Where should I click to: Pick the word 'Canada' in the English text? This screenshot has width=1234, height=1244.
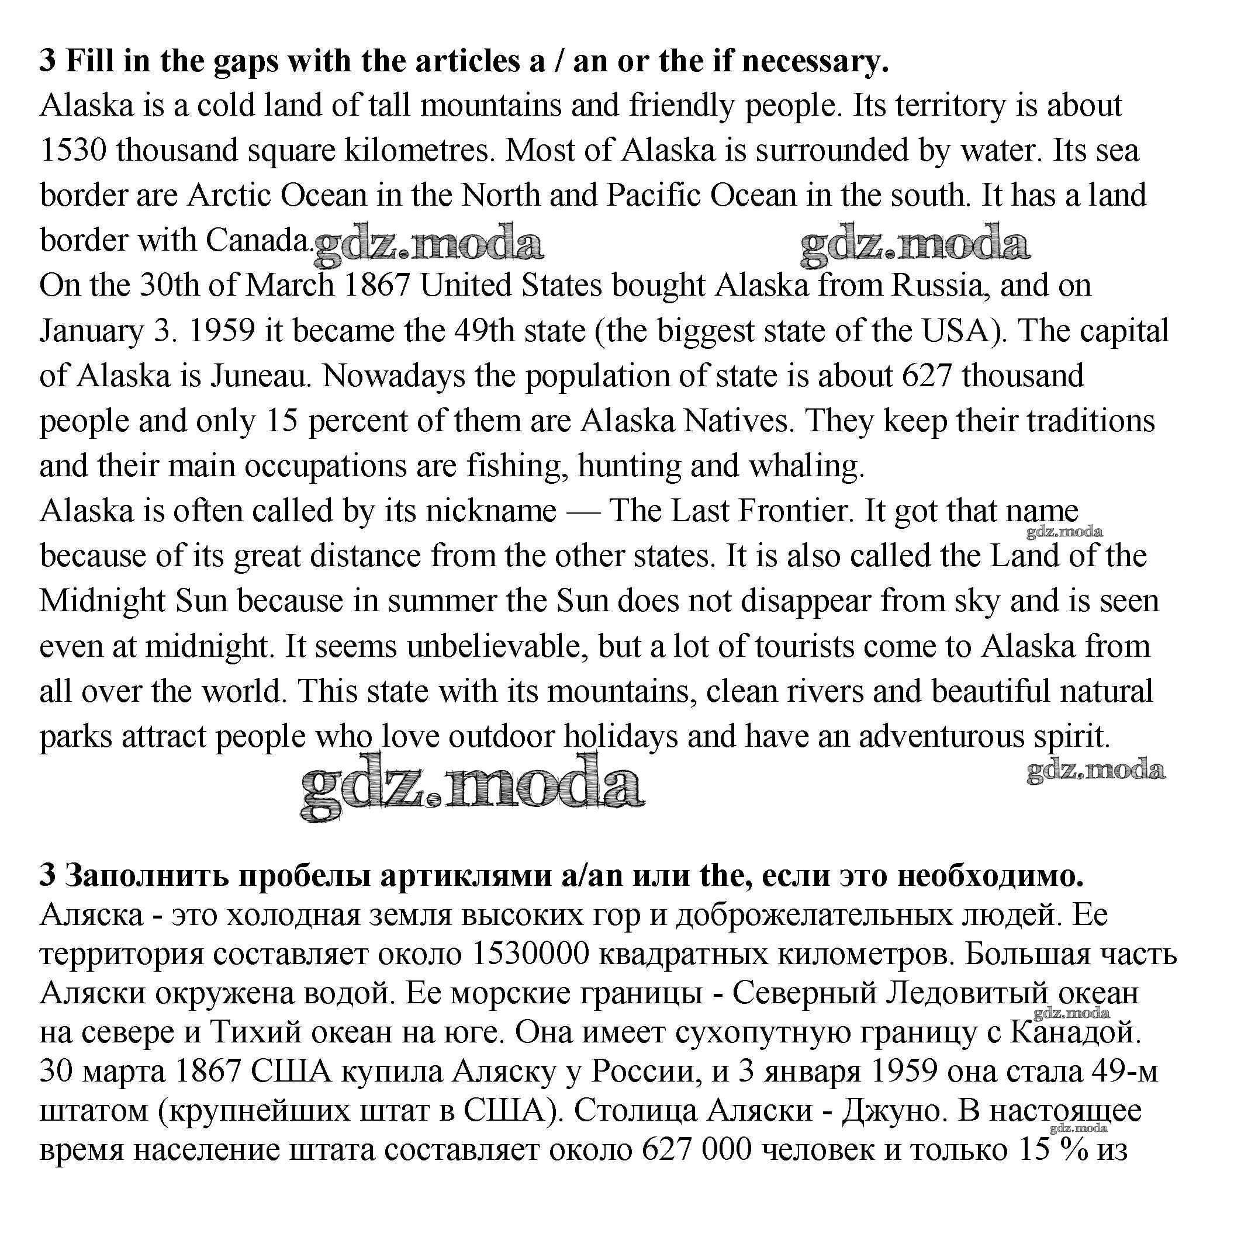tap(258, 241)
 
